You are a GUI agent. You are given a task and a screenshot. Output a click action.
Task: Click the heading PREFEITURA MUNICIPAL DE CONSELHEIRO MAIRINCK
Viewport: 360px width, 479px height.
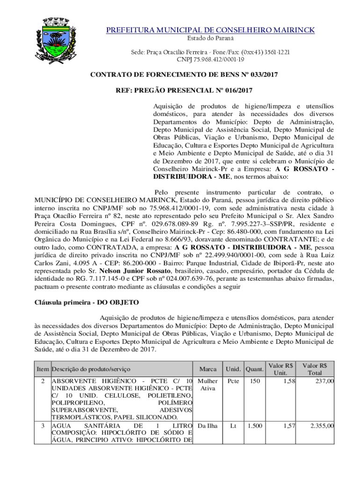pos(210,30)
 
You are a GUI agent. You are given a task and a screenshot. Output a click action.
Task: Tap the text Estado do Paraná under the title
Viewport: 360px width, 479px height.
pos(210,38)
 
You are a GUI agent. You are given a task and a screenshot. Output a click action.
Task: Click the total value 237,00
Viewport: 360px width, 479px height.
pos(324,381)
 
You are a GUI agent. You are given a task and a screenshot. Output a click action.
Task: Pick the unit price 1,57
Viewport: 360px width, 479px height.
pos(288,426)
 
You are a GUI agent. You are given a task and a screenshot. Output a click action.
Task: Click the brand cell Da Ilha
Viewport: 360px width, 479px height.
pos(208,426)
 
